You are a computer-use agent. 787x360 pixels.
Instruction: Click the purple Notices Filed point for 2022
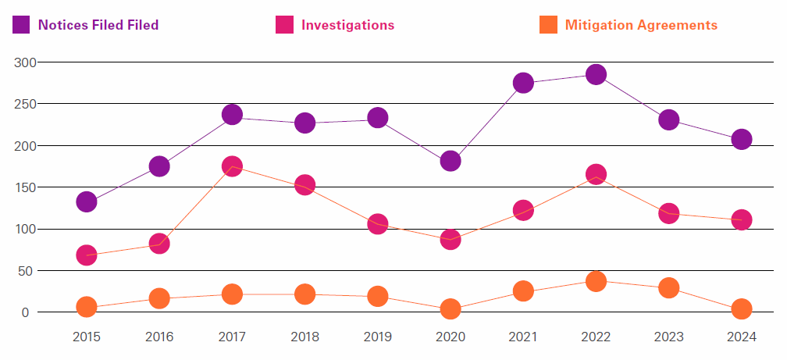596,75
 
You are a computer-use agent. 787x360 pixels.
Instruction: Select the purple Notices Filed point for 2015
87,201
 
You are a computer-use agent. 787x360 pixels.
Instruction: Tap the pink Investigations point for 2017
232,166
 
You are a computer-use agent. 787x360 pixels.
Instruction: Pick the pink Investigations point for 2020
450,240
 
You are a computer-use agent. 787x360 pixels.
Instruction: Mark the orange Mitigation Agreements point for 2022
596,281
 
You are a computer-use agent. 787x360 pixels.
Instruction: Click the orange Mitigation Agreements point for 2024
742,309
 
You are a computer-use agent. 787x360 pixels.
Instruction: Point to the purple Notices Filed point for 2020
450,161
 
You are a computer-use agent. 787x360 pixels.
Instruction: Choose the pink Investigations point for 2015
87,255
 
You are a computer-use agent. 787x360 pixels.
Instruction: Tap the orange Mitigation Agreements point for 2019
378,296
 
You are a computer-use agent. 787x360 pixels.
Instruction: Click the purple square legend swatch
21,25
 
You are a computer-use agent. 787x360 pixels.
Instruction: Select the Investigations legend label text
347,25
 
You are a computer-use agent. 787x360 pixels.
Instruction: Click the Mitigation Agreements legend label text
641,25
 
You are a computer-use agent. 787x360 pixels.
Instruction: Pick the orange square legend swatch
548,25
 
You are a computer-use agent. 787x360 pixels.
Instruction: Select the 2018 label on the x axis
305,337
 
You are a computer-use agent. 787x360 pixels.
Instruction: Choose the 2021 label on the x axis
523,337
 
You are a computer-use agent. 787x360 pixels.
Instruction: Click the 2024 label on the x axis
742,337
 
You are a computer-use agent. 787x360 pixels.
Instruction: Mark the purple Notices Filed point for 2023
668,119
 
